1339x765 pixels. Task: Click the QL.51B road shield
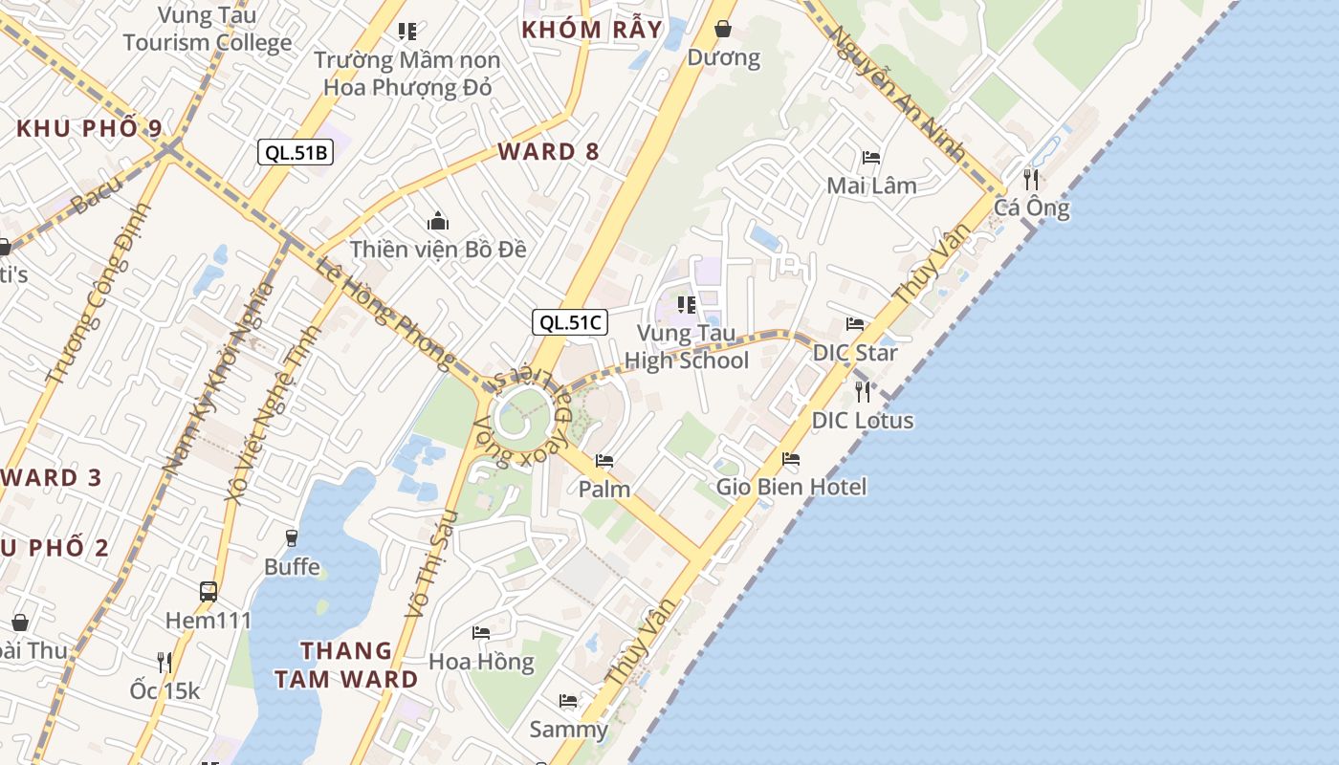pyautogui.click(x=296, y=151)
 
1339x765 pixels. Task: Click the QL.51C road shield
pyautogui.click(x=570, y=322)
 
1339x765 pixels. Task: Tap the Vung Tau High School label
pyautogui.click(x=686, y=347)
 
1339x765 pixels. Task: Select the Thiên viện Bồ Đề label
pyautogui.click(x=438, y=250)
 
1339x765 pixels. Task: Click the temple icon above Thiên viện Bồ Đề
pyautogui.click(x=438, y=222)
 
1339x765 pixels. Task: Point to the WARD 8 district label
pyautogui.click(x=549, y=151)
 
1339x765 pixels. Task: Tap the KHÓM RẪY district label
pyautogui.click(x=592, y=30)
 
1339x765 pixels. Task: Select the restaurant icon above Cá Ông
pyautogui.click(x=1030, y=179)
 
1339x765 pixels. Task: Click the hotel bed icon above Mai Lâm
pyautogui.click(x=871, y=157)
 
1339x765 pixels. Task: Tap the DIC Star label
pyautogui.click(x=855, y=353)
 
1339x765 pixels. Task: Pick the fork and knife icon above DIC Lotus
pyautogui.click(x=863, y=391)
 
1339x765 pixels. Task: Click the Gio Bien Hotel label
pyautogui.click(x=792, y=487)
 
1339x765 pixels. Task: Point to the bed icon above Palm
pyautogui.click(x=604, y=461)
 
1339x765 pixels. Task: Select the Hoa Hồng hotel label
pyautogui.click(x=481, y=662)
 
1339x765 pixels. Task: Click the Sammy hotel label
pyautogui.click(x=569, y=730)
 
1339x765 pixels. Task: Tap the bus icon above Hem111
pyautogui.click(x=209, y=592)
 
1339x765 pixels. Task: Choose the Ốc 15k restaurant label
pyautogui.click(x=165, y=690)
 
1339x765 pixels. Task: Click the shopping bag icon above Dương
pyautogui.click(x=724, y=29)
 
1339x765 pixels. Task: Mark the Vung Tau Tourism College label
pyautogui.click(x=208, y=30)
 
